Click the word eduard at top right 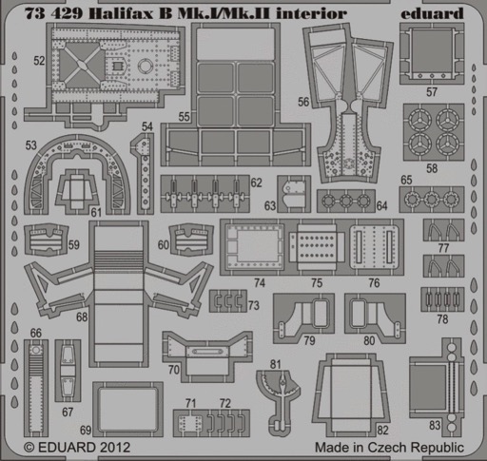click(432, 13)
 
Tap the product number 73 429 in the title click(53, 13)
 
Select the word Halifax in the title click(121, 13)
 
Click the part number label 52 click(39, 61)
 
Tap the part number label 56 click(303, 102)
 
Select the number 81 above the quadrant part click(275, 364)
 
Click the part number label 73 click(254, 305)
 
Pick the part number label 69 click(86, 430)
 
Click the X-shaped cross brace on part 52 click(82, 66)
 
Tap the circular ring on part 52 click(146, 66)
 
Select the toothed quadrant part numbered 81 click(279, 399)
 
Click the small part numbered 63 click(294, 193)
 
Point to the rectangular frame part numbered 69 click(127, 409)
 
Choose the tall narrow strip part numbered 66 click(36, 388)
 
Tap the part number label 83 click(435, 425)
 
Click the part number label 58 click(432, 168)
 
